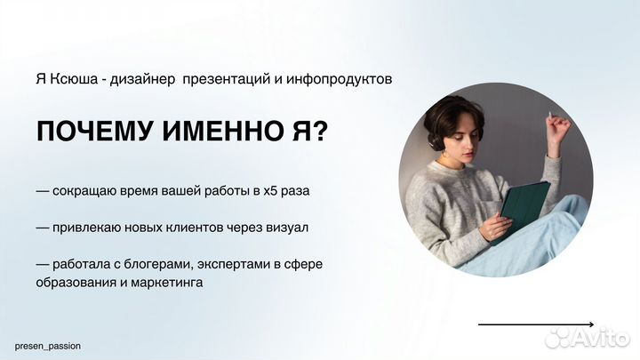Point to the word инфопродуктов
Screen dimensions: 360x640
point(345,79)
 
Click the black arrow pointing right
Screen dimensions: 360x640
point(536,324)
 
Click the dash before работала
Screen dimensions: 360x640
point(43,265)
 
